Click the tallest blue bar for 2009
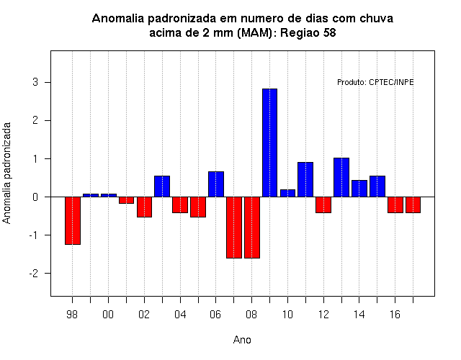click(269, 143)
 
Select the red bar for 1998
click(73, 221)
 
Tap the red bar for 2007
click(234, 228)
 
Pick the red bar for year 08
click(252, 228)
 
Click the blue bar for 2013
click(341, 178)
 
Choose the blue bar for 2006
click(216, 184)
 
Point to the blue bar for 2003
click(162, 186)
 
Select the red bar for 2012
click(323, 204)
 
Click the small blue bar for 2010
click(287, 194)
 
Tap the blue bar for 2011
click(305, 179)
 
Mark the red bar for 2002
click(144, 207)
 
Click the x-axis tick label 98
click(72, 315)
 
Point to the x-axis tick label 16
click(395, 315)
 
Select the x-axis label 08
click(251, 315)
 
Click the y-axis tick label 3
click(35, 82)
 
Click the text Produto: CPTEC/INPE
click(375, 82)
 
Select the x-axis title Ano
click(242, 340)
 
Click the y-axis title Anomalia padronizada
click(6, 173)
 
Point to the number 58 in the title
click(329, 32)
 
